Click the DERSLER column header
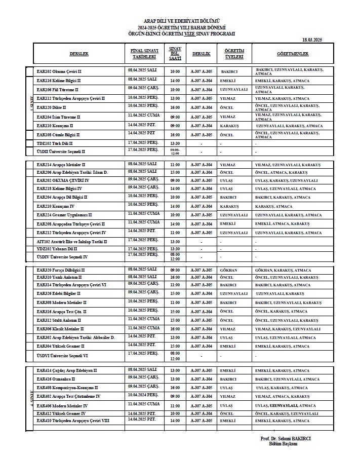pos(79,53)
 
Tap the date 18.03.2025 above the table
pos(312,40)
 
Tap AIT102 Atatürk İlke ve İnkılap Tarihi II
pos(72,242)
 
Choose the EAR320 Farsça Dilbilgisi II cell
pos(61,270)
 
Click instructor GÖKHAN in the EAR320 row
pos(229,270)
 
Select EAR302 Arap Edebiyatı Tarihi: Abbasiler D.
pos(76,337)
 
